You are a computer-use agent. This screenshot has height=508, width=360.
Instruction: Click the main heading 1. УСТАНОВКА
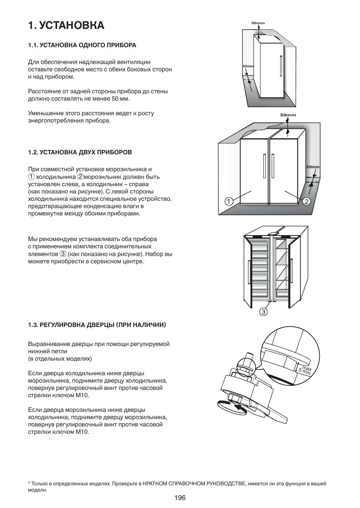click(x=66, y=25)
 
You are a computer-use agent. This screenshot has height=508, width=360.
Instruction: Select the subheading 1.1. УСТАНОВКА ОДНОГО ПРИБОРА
click(x=82, y=45)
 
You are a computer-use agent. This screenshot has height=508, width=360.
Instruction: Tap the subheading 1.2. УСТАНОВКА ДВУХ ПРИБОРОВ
click(x=80, y=152)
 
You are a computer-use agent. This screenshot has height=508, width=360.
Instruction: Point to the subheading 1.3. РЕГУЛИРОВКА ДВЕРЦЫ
click(x=97, y=325)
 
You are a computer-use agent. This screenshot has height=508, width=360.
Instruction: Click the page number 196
click(x=180, y=497)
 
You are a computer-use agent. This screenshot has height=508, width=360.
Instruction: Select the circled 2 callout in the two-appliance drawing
click(x=307, y=201)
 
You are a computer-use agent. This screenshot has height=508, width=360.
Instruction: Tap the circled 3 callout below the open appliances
click(x=263, y=312)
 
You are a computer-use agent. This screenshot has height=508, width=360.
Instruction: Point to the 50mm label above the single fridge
click(x=258, y=23)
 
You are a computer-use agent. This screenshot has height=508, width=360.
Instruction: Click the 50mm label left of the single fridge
click(x=248, y=66)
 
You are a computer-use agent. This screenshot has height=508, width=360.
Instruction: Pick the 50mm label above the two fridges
click(x=288, y=115)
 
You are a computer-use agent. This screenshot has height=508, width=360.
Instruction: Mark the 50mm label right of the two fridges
click(x=313, y=167)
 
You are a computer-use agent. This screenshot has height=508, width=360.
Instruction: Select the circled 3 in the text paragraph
click(x=63, y=254)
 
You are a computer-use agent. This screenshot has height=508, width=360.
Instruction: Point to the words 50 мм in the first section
click(x=121, y=99)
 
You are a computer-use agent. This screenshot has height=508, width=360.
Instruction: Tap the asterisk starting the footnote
click(x=29, y=483)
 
